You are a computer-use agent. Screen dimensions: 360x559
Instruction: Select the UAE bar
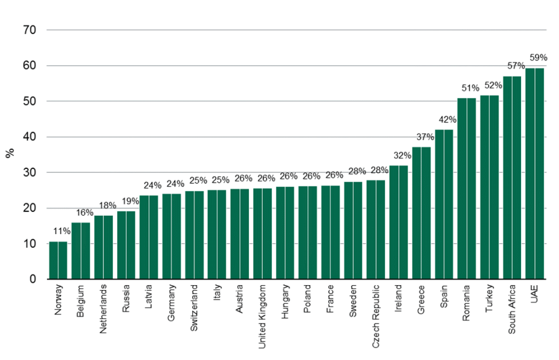point(534,174)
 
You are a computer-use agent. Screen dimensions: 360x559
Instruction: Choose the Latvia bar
point(149,237)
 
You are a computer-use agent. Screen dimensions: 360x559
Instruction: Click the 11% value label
point(62,231)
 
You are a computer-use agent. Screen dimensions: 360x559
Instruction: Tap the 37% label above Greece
point(424,137)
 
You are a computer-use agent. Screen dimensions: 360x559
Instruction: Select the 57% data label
point(515,66)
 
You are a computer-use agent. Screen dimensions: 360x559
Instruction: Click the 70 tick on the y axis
point(30,30)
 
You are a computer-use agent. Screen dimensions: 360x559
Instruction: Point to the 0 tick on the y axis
point(33,280)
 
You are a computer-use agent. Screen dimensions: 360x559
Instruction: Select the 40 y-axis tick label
point(30,137)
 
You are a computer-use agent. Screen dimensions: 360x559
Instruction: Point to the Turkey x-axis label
point(490,297)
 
